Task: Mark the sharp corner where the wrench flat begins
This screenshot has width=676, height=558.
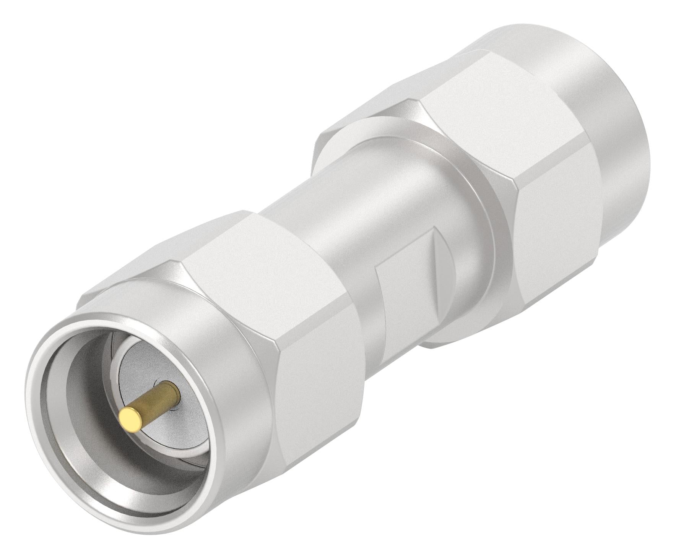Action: tap(377, 268)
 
